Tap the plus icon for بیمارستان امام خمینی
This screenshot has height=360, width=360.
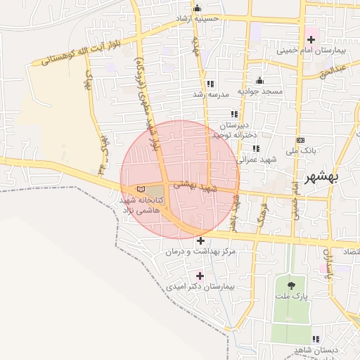coord(311,39)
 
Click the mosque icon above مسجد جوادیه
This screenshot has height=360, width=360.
coord(259,80)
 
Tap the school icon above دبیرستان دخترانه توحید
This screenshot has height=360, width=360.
coord(234,114)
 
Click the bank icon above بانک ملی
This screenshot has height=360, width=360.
coord(301,139)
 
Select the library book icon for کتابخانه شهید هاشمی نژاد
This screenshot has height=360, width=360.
coord(142,189)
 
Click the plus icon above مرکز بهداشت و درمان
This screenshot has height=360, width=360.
coord(200,240)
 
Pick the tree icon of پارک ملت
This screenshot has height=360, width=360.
coord(291,285)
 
